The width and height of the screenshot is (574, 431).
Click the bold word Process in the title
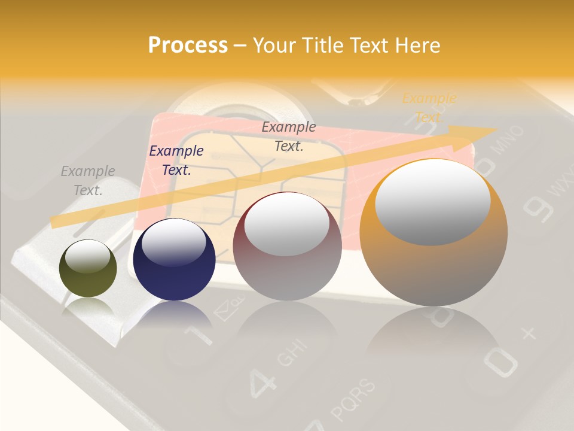[188, 45]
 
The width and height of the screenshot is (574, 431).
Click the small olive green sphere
[88, 268]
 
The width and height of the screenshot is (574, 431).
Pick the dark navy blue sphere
[174, 260]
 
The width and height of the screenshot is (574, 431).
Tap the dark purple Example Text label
[176, 160]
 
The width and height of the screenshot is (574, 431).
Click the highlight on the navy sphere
[173, 242]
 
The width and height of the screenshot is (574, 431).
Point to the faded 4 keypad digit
[262, 381]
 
